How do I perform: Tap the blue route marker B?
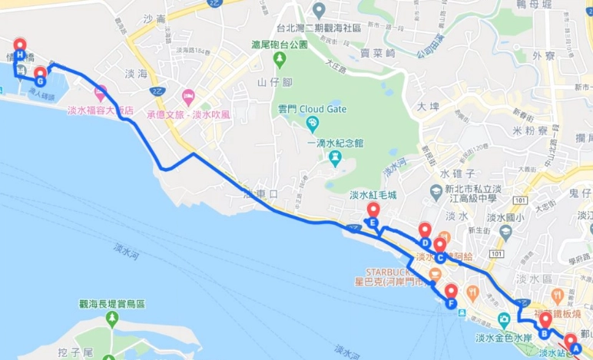click(544, 333)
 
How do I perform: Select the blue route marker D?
click(425, 243)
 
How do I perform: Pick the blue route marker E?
click(373, 223)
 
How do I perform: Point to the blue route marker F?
click(451, 303)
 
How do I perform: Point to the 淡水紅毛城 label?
click(373, 195)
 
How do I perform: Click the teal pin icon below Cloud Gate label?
click(313, 124)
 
